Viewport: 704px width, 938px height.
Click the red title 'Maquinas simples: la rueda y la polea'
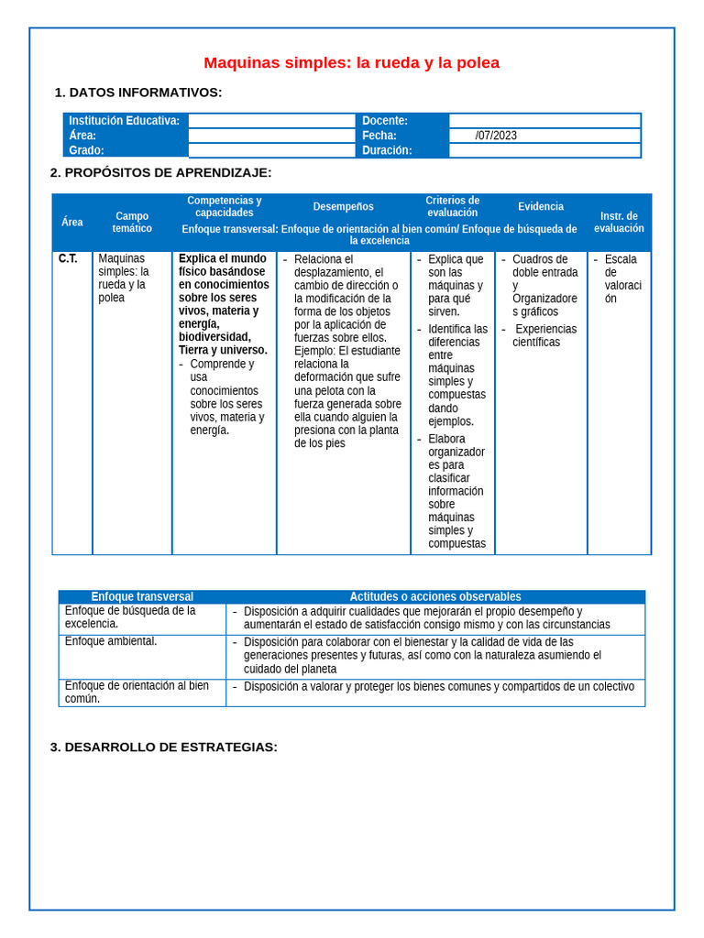351,63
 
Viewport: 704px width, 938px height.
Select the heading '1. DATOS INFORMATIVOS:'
138,93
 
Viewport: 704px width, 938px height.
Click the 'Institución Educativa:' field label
125,121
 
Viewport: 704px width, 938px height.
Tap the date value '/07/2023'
496,136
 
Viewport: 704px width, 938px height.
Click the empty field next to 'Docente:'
544,121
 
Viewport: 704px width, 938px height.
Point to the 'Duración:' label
387,150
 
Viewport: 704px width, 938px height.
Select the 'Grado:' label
87,150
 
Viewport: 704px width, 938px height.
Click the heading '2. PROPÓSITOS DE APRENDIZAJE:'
160,172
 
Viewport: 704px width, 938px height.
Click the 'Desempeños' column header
343,207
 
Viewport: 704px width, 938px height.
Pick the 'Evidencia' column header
541,207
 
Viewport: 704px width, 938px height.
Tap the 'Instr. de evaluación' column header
619,223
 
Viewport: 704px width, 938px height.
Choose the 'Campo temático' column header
132,223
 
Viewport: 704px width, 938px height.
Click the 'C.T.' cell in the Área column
68,259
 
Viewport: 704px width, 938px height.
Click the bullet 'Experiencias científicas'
544,335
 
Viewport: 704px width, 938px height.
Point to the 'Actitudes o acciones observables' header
435,596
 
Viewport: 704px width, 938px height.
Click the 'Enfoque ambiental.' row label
111,641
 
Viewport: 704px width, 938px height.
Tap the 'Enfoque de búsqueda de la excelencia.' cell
129,616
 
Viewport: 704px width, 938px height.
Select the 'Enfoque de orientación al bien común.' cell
136,692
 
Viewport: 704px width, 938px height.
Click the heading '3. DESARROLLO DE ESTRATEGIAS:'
163,747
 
